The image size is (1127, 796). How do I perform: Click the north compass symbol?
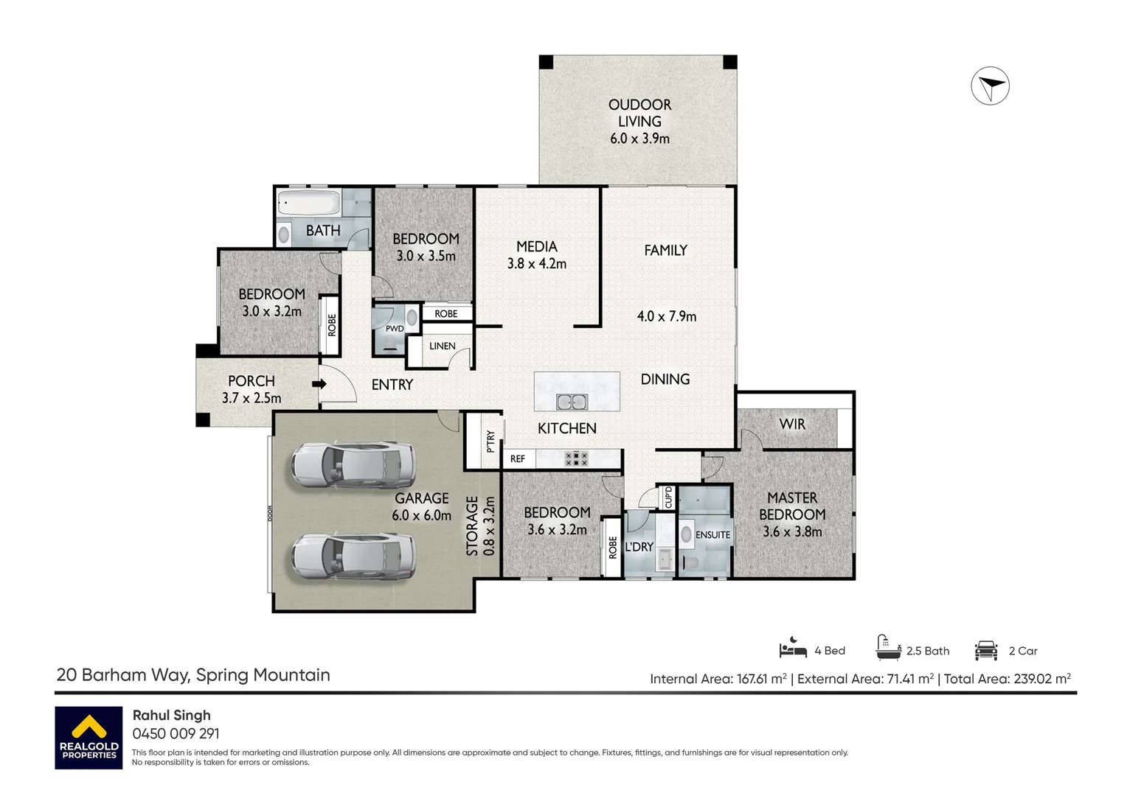pyautogui.click(x=990, y=85)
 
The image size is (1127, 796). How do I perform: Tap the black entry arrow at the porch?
pyautogui.click(x=319, y=384)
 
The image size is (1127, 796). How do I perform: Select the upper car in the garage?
pyautogui.click(x=354, y=464)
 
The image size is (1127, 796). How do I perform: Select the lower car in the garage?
pyautogui.click(x=354, y=556)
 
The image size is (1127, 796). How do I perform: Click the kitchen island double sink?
pyautogui.click(x=572, y=402)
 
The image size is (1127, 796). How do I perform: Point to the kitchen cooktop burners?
pyautogui.click(x=577, y=458)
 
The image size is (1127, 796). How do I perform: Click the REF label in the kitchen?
pyautogui.click(x=517, y=458)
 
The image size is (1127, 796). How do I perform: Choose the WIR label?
pyautogui.click(x=792, y=424)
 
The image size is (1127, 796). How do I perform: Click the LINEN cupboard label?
pyautogui.click(x=443, y=346)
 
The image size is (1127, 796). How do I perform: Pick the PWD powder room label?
pyautogui.click(x=395, y=329)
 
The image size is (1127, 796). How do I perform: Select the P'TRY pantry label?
pyautogui.click(x=490, y=441)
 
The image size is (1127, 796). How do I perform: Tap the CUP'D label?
pyautogui.click(x=668, y=497)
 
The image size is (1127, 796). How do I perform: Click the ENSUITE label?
pyautogui.click(x=712, y=535)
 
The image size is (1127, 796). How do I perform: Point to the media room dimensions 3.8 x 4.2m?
pyautogui.click(x=537, y=263)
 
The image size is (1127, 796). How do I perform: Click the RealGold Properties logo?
pyautogui.click(x=89, y=738)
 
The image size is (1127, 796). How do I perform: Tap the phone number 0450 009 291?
pyautogui.click(x=176, y=733)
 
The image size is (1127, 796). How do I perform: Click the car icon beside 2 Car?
pyautogui.click(x=986, y=650)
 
